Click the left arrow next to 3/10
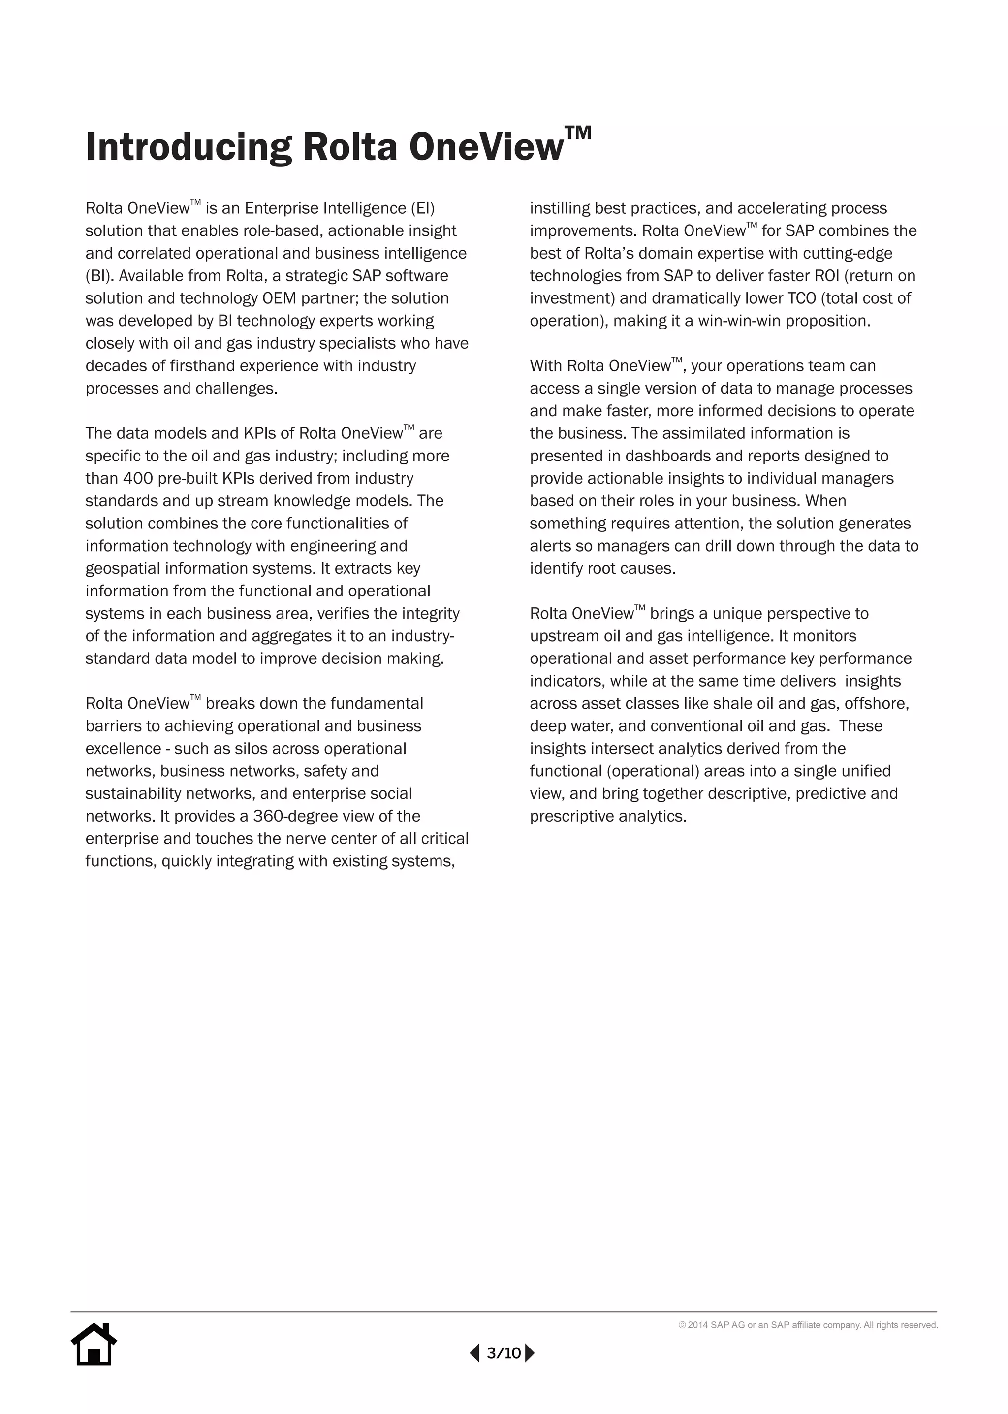coord(475,1352)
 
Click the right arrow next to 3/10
coord(530,1352)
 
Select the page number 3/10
coord(504,1353)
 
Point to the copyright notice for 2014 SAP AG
coord(808,1324)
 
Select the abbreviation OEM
coord(279,298)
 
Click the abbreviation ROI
coord(826,276)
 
